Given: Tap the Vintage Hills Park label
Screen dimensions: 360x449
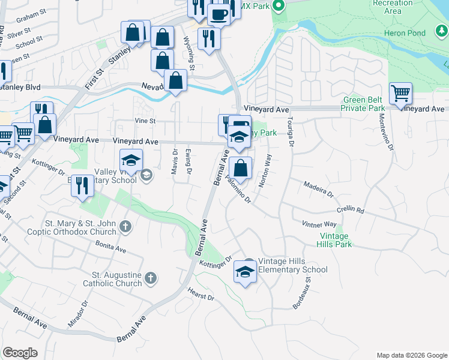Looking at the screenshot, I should [335, 240].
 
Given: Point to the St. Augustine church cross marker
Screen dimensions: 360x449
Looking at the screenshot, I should [150, 278].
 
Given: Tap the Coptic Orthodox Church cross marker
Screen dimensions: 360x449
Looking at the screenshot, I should [125, 226].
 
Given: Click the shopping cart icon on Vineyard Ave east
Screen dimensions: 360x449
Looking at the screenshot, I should [400, 94].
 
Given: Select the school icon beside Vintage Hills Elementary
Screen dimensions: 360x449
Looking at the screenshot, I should [245, 272].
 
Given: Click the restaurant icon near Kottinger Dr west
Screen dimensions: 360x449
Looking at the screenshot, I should [83, 185].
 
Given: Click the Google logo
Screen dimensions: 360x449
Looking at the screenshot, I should [20, 353].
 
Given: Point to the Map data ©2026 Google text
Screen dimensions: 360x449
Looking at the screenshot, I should [411, 355].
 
